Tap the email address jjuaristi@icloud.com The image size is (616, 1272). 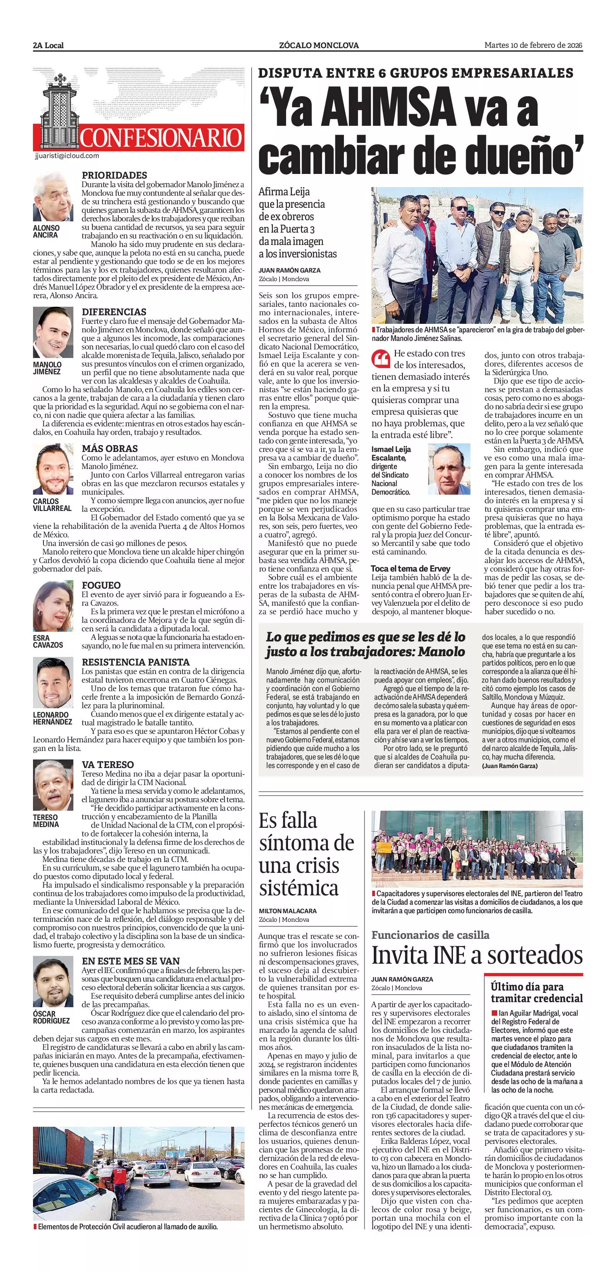pyautogui.click(x=67, y=156)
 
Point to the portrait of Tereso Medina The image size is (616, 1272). pyautogui.click(x=53, y=785)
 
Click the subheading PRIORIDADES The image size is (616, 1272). pyautogui.click(x=115, y=175)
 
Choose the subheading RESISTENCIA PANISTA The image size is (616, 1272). pyautogui.click(x=136, y=662)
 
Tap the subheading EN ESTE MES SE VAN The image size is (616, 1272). pyautogui.click(x=131, y=961)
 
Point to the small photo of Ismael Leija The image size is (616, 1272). pyautogui.click(x=449, y=469)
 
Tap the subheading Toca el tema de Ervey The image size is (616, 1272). pyautogui.click(x=411, y=568)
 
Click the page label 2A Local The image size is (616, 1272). pyautogui.click(x=49, y=45)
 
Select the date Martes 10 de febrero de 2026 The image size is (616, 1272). pyautogui.click(x=533, y=45)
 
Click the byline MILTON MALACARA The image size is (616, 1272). pyautogui.click(x=288, y=911)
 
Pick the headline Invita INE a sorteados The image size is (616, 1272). pyautogui.click(x=477, y=955)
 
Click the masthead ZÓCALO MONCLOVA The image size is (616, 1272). pyautogui.click(x=319, y=45)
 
